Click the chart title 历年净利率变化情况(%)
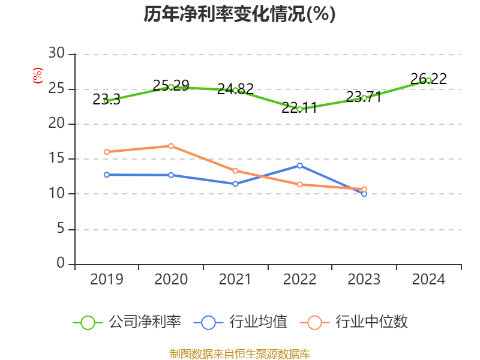[239, 14]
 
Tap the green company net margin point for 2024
[428, 80]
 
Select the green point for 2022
[299, 109]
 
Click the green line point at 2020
[171, 87]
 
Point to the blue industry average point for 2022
[299, 165]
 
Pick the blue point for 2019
[106, 175]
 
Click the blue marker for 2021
[235, 184]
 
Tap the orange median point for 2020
[171, 146]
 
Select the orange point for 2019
[106, 152]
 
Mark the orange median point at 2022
[299, 184]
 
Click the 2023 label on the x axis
[364, 280]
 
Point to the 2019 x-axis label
[106, 280]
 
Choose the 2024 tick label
[428, 280]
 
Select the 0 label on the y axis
[60, 264]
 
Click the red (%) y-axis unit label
[38, 76]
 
